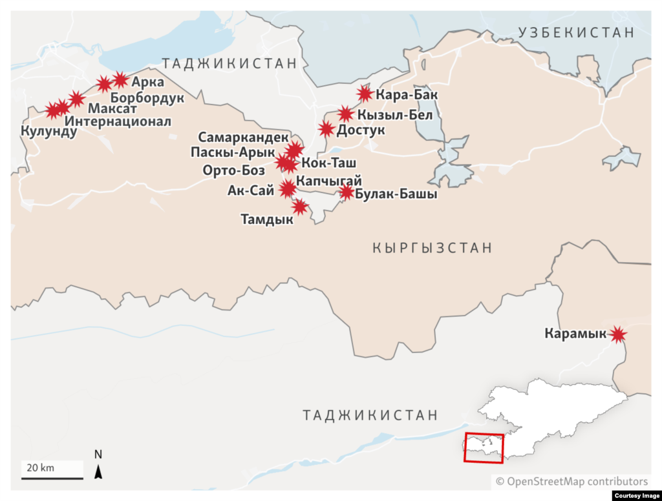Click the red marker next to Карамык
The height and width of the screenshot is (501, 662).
[619, 334]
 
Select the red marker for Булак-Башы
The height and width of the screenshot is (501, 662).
[347, 192]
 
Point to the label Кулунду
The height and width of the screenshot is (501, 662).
[48, 132]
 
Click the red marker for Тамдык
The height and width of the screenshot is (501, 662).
[299, 207]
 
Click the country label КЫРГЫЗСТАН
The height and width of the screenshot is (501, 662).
[432, 248]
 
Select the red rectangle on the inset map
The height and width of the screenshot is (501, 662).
[484, 447]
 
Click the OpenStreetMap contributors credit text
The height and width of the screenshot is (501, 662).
[571, 481]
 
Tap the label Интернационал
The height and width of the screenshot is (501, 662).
[118, 121]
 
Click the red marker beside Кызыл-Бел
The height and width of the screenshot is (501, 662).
[345, 114]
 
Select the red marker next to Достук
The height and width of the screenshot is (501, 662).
[326, 129]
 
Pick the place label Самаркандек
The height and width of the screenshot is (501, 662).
[243, 138]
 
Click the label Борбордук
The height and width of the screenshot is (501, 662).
[147, 98]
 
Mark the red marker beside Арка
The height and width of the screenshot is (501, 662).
[120, 80]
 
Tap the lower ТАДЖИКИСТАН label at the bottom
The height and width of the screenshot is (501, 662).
[370, 415]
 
